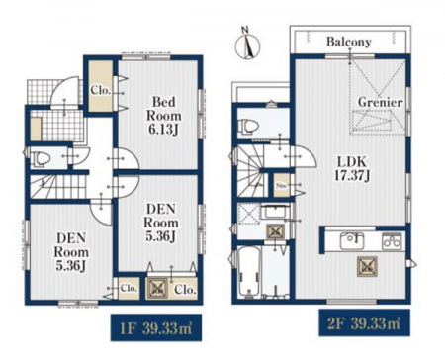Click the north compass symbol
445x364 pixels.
tap(247, 45)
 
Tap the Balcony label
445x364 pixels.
tap(349, 43)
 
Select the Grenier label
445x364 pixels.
tap(380, 102)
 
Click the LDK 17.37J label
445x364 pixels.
tap(351, 168)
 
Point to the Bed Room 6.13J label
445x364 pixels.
tap(164, 116)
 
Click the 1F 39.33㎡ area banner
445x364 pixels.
tap(156, 327)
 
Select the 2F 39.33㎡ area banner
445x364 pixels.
tap(364, 322)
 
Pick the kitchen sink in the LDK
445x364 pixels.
tap(352, 241)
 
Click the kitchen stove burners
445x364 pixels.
tap(392, 241)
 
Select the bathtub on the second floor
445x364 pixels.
tap(249, 272)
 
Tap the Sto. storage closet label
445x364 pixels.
tap(282, 185)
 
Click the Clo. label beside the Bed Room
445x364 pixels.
tap(100, 90)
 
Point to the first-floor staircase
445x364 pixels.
tap(60, 187)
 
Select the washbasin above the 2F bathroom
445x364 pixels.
tap(275, 211)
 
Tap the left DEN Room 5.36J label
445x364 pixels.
tap(71, 252)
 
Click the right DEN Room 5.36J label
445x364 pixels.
tap(161, 222)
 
